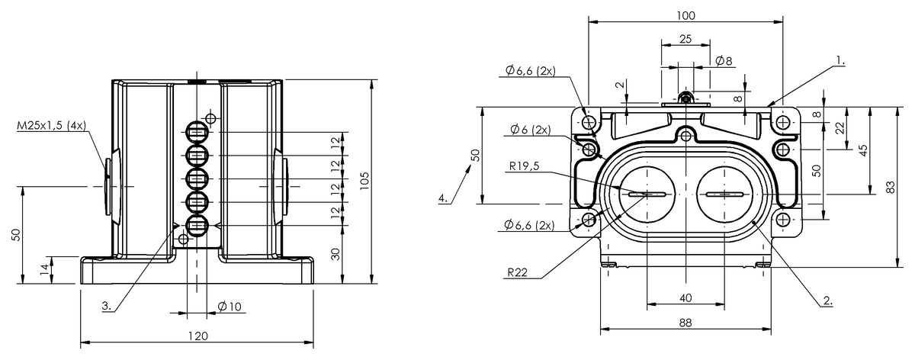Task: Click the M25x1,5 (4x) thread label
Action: [52, 125]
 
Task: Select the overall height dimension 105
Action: [364, 181]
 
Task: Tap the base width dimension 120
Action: [198, 336]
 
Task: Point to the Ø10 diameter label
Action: [230, 306]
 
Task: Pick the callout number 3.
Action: [107, 306]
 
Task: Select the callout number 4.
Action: [443, 198]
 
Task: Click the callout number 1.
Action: [840, 60]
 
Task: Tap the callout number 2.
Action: [827, 301]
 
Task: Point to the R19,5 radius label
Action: [524, 166]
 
